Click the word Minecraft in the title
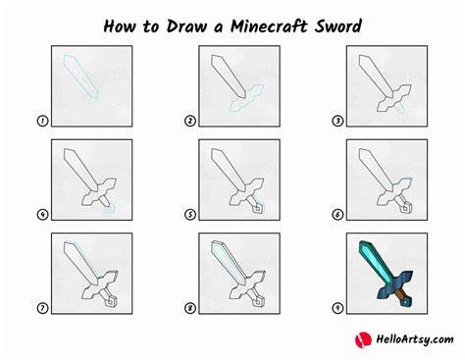(269, 26)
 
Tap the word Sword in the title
(338, 26)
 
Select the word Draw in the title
(186, 26)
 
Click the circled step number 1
(42, 121)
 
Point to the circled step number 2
(190, 121)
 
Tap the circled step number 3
(337, 121)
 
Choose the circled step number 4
(42, 215)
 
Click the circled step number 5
(190, 215)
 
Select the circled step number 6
(337, 215)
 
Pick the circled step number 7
(42, 308)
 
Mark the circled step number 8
(190, 308)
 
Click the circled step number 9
(337, 308)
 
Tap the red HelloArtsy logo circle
(363, 340)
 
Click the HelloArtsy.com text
(415, 339)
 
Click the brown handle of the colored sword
(401, 294)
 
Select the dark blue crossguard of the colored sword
(395, 284)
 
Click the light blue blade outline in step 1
(80, 76)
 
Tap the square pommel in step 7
(111, 302)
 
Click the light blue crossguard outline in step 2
(246, 99)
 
